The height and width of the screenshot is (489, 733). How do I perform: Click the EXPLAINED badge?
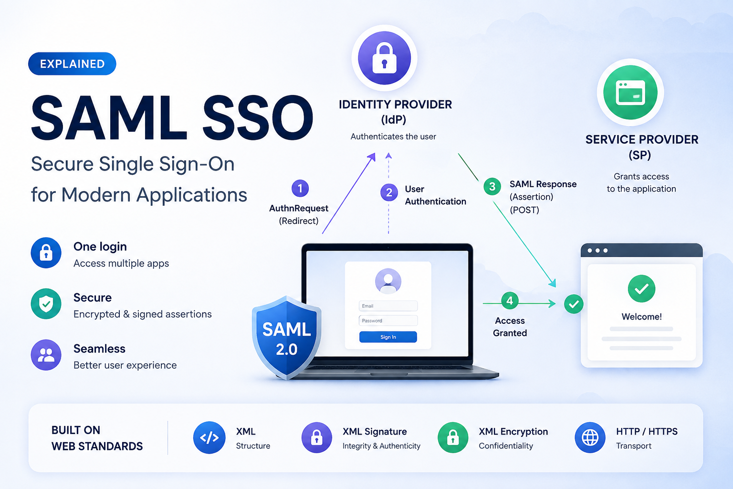point(72,64)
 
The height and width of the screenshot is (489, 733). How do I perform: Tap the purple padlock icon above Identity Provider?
point(384,58)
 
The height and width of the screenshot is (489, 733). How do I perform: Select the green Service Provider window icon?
point(630,92)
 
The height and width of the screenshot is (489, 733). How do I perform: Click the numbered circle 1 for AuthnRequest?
point(300,188)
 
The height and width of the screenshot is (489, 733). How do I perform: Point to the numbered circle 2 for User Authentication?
point(389,192)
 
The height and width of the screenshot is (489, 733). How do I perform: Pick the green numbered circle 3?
point(492,186)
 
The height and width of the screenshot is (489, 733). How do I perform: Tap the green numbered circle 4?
point(510,300)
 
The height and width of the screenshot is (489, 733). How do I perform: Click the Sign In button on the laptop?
point(388,337)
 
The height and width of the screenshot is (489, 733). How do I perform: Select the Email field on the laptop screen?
point(388,306)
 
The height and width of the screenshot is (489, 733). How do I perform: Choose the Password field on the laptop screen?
point(388,320)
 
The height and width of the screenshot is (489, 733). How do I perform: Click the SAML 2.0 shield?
point(287,338)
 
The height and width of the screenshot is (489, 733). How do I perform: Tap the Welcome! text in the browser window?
point(641,317)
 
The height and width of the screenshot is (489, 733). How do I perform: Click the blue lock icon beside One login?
point(46,253)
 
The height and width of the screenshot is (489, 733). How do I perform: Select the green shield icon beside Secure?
point(46,304)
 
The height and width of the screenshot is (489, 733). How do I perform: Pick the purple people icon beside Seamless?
point(46,355)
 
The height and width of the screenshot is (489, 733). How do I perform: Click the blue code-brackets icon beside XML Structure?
point(209,437)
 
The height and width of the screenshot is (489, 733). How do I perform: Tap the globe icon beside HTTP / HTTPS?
point(590,437)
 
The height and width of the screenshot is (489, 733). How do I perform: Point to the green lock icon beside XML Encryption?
point(453,437)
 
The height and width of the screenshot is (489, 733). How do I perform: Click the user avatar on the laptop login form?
point(388,281)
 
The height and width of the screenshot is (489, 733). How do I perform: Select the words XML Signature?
point(375,432)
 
